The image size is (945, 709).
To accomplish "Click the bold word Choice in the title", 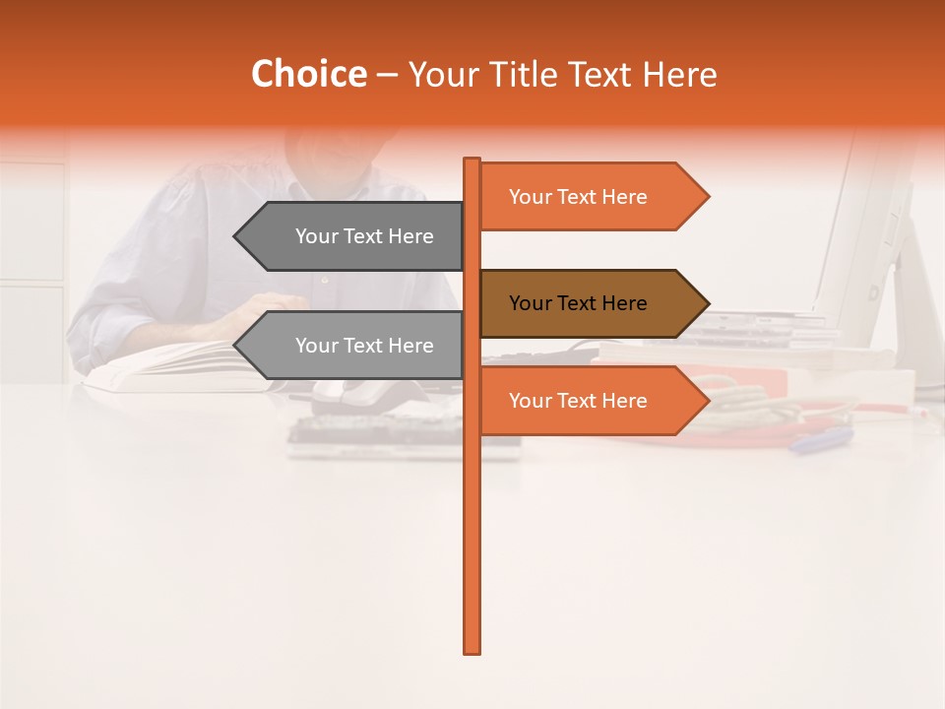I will [308, 75].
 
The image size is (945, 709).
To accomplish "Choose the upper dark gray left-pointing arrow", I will [354, 236].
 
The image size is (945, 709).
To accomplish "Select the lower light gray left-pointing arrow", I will [354, 346].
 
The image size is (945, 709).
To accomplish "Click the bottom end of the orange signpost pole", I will [472, 650].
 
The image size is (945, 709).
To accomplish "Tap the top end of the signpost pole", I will [472, 161].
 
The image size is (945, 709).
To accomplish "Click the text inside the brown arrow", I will [578, 303].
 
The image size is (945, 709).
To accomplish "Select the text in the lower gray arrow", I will [364, 346].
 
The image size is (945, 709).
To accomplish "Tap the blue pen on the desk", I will [821, 439].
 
